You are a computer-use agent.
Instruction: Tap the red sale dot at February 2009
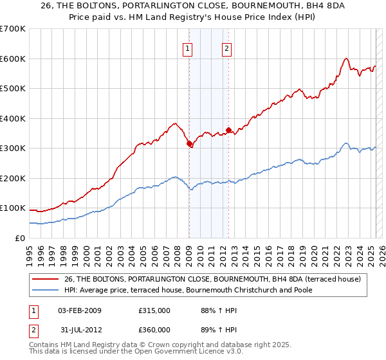[189, 144]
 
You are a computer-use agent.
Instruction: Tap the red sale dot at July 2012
[228, 130]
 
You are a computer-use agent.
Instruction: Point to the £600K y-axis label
[13, 59]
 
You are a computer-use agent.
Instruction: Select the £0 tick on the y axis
[21, 238]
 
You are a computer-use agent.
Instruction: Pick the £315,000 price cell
[154, 310]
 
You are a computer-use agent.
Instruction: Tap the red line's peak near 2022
[346, 59]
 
